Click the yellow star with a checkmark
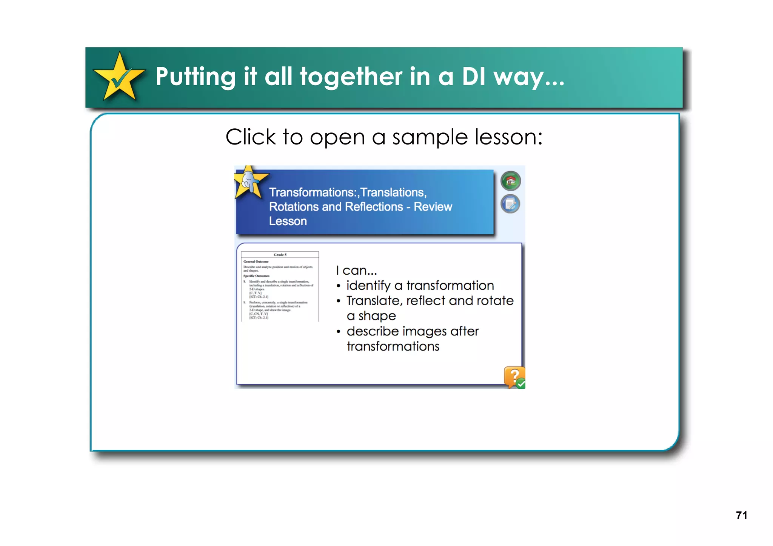(119, 77)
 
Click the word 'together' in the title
(351, 77)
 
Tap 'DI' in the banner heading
(474, 77)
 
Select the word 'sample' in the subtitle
(430, 137)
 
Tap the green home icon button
(510, 181)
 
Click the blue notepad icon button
(510, 204)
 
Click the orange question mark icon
(514, 377)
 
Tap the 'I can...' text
(356, 270)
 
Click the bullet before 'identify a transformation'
(339, 286)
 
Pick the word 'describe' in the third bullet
(373, 331)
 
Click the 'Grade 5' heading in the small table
(280, 255)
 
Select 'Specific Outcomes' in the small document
(256, 276)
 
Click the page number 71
(741, 515)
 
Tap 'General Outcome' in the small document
(256, 261)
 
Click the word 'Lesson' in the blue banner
(288, 221)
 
